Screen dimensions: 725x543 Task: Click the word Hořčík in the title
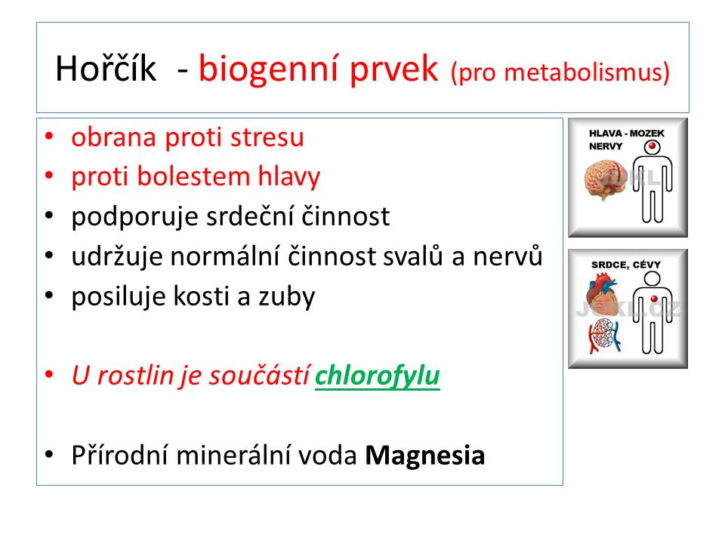coord(106,69)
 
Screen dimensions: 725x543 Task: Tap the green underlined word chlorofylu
coord(378,376)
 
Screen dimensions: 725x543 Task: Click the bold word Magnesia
coord(425,456)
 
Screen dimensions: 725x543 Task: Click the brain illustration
coord(604,179)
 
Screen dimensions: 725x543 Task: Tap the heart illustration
coord(602,293)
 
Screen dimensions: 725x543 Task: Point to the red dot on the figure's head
coord(652,146)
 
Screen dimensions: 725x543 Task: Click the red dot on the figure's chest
coord(654,299)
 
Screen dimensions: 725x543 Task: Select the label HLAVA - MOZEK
coord(627,133)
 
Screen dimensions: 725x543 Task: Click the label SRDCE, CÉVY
coord(626,265)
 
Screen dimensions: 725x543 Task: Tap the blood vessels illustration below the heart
coord(604,335)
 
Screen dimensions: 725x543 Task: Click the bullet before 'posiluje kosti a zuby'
coord(49,296)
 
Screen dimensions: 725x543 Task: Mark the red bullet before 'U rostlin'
coord(49,375)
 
